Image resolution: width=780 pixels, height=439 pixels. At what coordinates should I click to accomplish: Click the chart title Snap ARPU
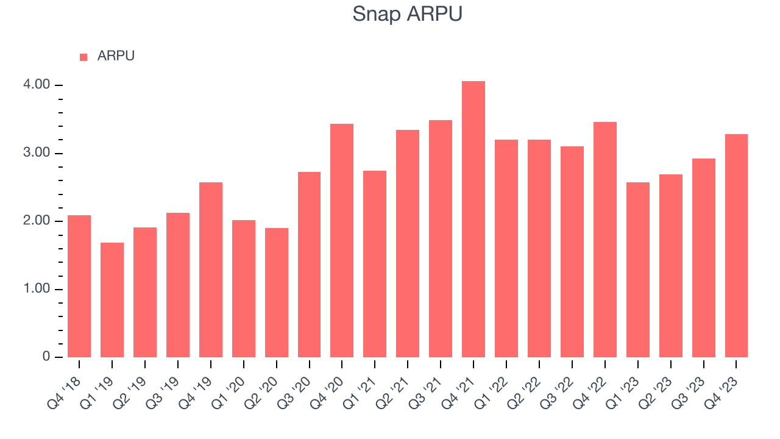407,14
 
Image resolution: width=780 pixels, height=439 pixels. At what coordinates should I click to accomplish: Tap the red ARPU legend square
83,57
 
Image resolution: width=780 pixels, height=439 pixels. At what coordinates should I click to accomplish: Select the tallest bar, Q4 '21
473,220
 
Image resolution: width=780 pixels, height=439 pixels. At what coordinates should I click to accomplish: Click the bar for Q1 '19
112,300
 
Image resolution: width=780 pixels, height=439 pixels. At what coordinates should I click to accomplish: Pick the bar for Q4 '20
342,241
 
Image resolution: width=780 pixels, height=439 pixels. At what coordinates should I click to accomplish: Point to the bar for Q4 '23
736,246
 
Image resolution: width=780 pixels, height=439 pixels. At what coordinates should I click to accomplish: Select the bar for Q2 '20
277,293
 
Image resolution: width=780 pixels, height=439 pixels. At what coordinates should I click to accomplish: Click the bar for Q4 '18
79,287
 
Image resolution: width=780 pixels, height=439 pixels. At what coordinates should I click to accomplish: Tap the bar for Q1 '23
637,270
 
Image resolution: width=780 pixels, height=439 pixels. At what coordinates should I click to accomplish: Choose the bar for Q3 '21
441,239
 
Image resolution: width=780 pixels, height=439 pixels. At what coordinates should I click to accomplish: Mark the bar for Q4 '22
605,240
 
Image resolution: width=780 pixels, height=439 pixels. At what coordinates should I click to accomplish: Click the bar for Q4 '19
211,270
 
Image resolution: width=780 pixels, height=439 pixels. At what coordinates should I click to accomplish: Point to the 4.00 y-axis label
36,85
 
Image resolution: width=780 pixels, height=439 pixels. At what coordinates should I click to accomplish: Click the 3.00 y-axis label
36,153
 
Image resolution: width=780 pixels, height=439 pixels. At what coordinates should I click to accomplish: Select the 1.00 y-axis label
36,289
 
